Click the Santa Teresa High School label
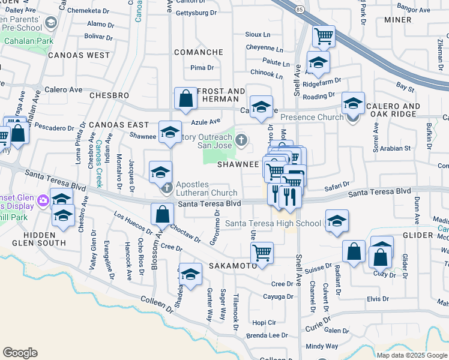[273, 224]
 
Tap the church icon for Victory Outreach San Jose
[241, 140]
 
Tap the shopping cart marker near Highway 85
[324, 36]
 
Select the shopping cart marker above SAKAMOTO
[262, 253]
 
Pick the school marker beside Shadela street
[190, 275]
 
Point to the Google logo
[20, 353]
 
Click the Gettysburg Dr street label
[197, 13]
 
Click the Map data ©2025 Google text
[412, 355]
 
